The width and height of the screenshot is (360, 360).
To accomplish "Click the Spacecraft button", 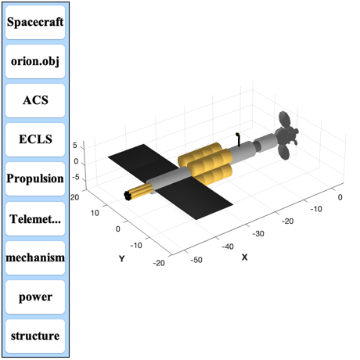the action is (35, 22).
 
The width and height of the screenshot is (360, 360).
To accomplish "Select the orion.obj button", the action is (35, 61).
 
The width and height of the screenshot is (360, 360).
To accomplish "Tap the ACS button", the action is (35, 100).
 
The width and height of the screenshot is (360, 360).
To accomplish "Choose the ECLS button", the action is (35, 139).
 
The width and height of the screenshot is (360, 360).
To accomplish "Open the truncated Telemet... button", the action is (35, 218).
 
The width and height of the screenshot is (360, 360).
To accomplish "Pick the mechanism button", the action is (35, 257).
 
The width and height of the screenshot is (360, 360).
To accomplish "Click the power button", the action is (35, 297).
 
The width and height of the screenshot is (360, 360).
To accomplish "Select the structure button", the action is (35, 336).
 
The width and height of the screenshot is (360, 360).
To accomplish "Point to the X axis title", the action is (244, 257).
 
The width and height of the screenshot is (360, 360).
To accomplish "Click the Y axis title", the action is (122, 259).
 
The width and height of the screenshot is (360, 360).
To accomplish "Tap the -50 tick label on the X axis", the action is (196, 260).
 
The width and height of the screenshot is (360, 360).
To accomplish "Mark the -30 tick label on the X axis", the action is (258, 233).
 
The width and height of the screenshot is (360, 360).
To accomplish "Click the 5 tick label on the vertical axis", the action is (75, 146).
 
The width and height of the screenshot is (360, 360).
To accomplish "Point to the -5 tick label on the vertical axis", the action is (75, 178).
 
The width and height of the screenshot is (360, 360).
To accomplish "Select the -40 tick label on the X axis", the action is (228, 247).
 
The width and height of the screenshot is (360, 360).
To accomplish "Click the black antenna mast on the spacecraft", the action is (238, 139).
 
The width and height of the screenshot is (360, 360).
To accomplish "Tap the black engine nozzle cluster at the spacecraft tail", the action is (128, 196).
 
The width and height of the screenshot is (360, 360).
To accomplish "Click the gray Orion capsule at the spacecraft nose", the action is (286, 135).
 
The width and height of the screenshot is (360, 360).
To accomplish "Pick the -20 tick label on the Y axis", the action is (159, 263).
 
